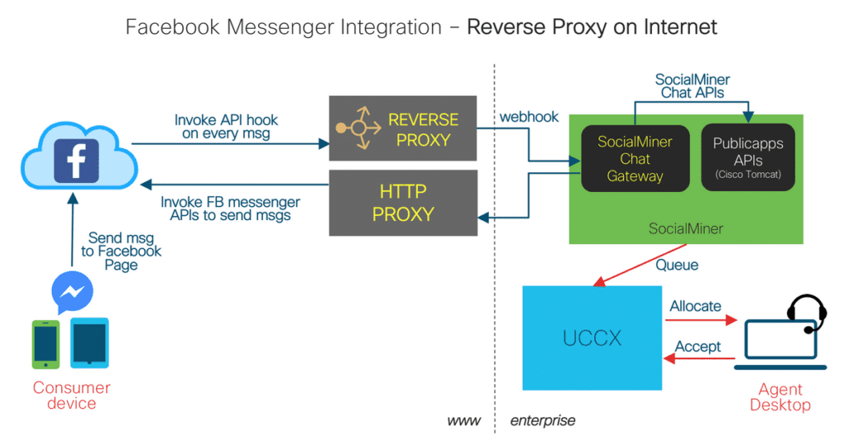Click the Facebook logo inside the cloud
(76, 158)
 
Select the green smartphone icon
(45, 344)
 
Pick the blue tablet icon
(89, 343)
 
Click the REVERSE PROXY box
(402, 129)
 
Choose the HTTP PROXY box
(402, 203)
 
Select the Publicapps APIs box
(747, 158)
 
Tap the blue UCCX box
(592, 338)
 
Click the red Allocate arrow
(701, 321)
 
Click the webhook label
(528, 117)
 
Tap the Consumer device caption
(71, 396)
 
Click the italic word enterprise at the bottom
(542, 421)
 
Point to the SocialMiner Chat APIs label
(692, 87)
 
